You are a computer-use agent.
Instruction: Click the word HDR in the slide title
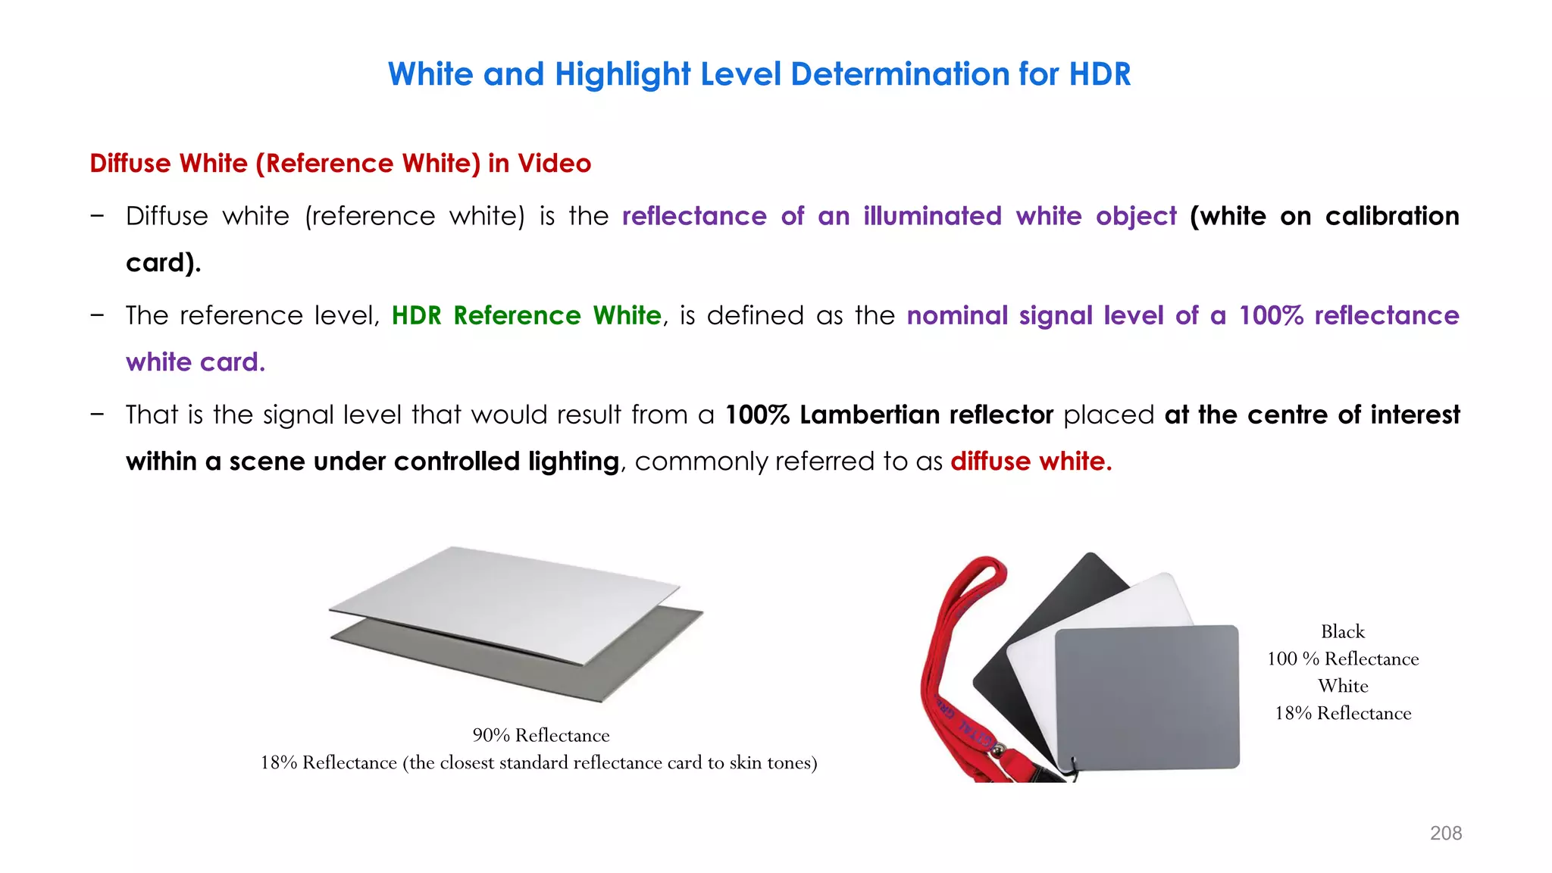click(1100, 74)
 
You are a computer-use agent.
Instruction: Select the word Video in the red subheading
click(554, 163)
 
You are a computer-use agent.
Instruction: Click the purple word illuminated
click(932, 216)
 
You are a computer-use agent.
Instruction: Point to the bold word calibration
click(1392, 216)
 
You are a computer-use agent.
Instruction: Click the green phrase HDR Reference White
click(526, 315)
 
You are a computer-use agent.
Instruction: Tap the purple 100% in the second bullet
click(1271, 315)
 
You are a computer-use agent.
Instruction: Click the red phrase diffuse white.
click(1031, 461)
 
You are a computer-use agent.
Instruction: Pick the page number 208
click(1445, 833)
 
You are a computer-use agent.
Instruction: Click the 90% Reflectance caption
click(541, 735)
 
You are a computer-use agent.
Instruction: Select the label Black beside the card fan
click(1342, 631)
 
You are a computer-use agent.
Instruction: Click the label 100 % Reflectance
click(1342, 659)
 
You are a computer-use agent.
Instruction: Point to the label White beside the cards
click(1342, 686)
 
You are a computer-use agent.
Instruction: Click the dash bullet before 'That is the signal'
click(97, 414)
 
